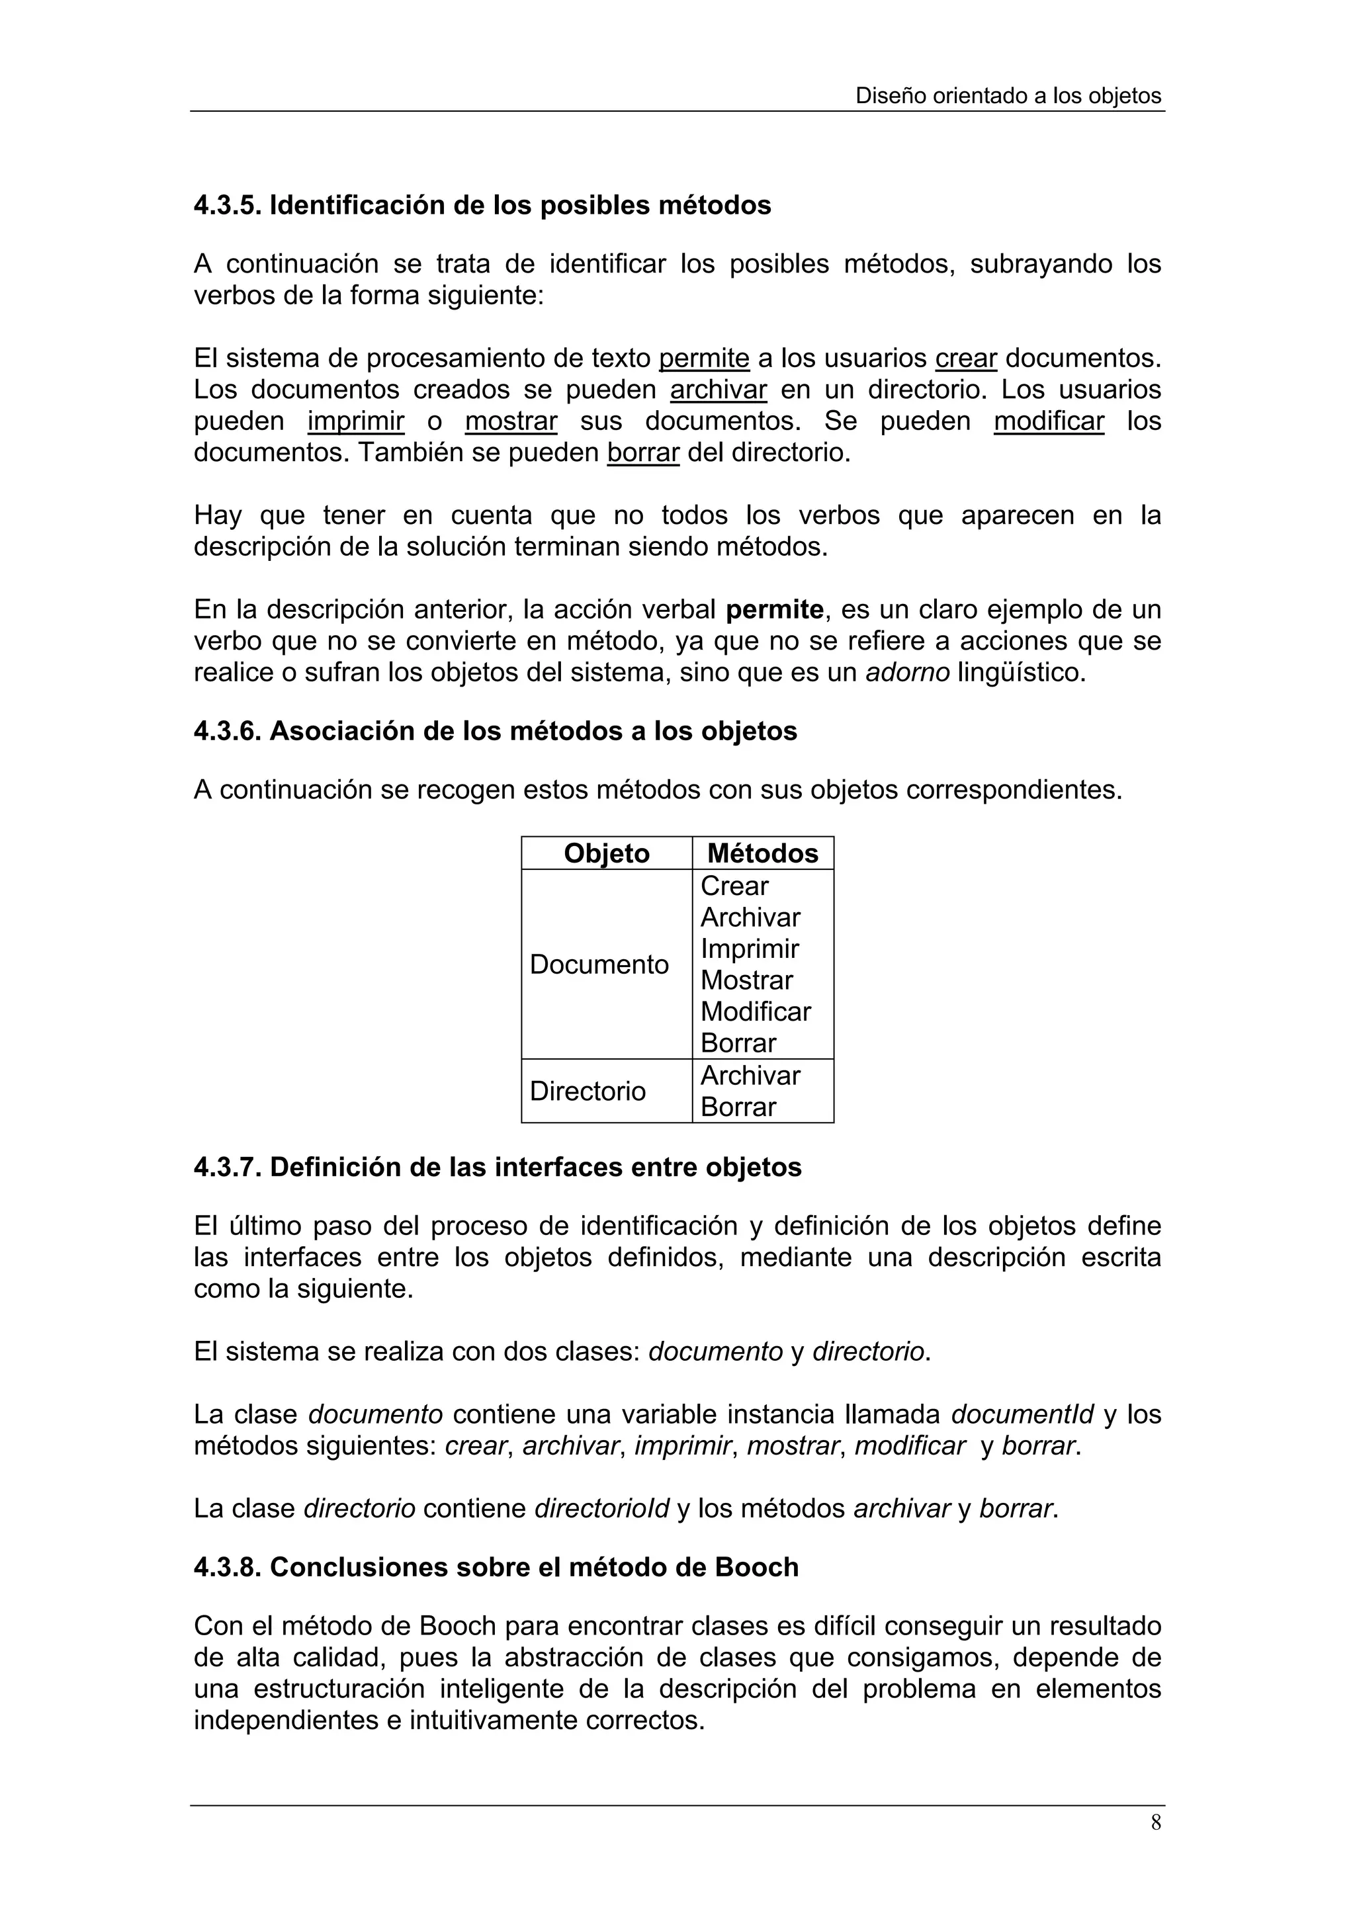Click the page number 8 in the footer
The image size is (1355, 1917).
pyautogui.click(x=1155, y=1822)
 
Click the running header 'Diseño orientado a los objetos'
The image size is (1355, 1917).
pyautogui.click(x=1008, y=96)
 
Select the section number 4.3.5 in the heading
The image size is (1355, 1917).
pyautogui.click(x=227, y=205)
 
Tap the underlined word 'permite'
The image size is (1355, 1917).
pyautogui.click(x=704, y=358)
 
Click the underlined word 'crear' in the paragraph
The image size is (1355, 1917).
pyautogui.click(x=966, y=358)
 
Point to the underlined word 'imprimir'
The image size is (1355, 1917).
pyautogui.click(x=356, y=421)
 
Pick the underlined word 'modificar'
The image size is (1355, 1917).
pyautogui.click(x=1049, y=421)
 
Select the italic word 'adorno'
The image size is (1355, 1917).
pyautogui.click(x=908, y=672)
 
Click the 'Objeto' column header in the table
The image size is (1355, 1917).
pyautogui.click(x=606, y=853)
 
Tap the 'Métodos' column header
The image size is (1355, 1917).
pyautogui.click(x=762, y=853)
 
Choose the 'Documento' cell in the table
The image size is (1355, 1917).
pyautogui.click(x=599, y=964)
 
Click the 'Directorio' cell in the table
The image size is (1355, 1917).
pyautogui.click(x=587, y=1091)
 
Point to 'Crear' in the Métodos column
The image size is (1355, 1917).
pyautogui.click(x=734, y=886)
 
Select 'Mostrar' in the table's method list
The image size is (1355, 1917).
pyautogui.click(x=746, y=980)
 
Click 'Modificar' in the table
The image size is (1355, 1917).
pyautogui.click(x=756, y=1012)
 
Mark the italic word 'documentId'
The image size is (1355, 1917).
pyautogui.click(x=1022, y=1414)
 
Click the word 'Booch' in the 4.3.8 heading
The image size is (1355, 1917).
pyautogui.click(x=756, y=1568)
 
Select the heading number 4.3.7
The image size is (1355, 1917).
pyautogui.click(x=227, y=1168)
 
